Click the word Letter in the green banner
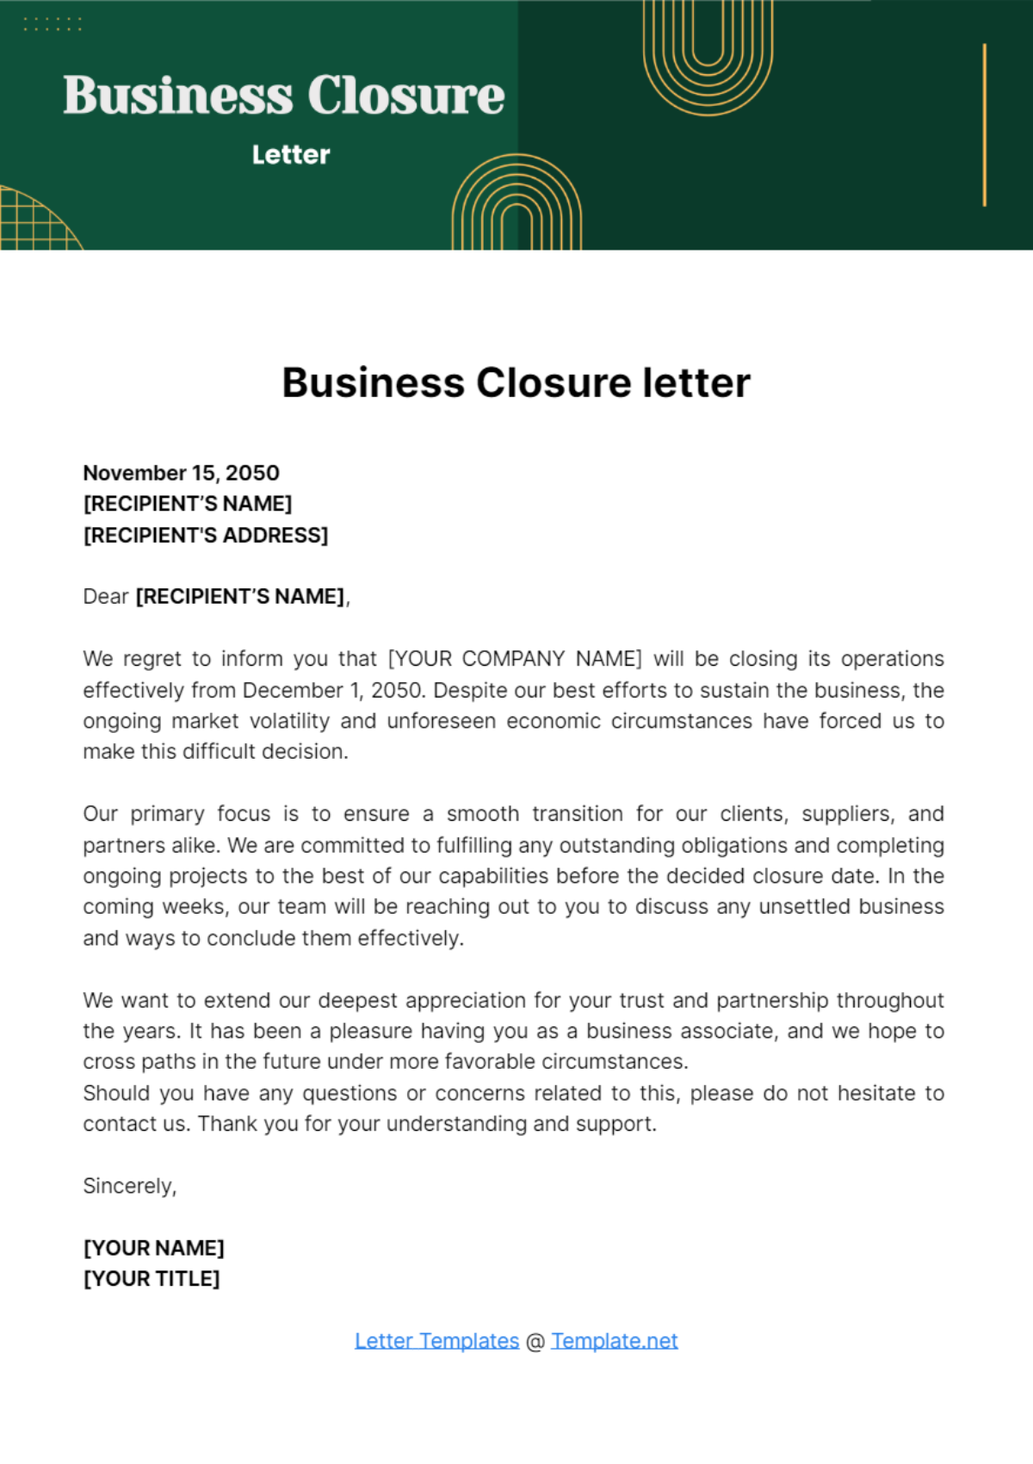point(291,155)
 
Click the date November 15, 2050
point(181,473)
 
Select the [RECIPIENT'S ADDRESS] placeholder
point(206,536)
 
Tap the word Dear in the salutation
point(105,597)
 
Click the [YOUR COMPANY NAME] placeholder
point(515,659)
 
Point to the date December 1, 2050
point(333,691)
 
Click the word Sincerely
point(129,1186)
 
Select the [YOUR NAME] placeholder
point(153,1248)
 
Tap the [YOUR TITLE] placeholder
point(152,1279)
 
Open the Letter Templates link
point(436,1341)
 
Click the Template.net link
point(614,1341)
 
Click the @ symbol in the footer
point(535,1342)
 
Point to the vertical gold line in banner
point(984,125)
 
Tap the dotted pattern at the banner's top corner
point(53,24)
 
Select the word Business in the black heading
point(373,383)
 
